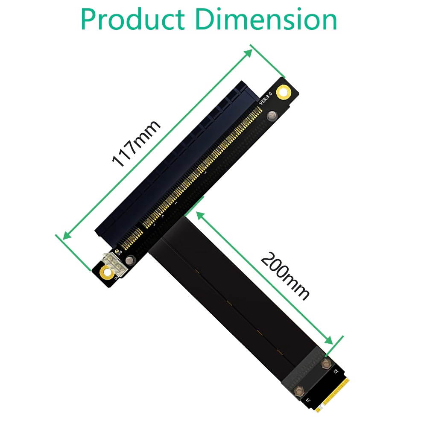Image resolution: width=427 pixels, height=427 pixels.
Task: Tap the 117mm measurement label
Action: [136, 143]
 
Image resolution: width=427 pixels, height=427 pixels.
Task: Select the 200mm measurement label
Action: [285, 276]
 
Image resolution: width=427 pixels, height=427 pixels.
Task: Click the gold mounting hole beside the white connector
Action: [104, 273]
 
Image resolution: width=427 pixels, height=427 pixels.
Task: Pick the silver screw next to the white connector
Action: [130, 259]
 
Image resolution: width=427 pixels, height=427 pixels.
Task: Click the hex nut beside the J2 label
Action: [326, 364]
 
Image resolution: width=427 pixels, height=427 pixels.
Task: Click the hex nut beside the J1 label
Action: [299, 389]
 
